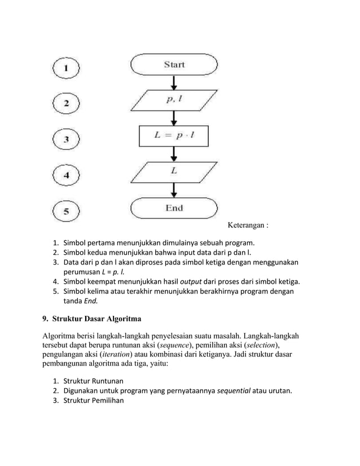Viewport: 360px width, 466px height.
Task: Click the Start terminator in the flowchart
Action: [174, 65]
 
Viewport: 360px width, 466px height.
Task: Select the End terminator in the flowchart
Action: [174, 208]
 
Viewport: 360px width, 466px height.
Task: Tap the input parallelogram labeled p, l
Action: [174, 101]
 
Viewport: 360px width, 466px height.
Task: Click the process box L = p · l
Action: [174, 136]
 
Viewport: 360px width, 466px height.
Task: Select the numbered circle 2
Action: [67, 104]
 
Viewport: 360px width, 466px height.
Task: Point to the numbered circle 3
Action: [67, 140]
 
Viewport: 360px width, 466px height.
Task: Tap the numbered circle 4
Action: [67, 175]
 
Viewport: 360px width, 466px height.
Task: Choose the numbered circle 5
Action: [67, 212]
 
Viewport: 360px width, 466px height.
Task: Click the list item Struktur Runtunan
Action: [93, 381]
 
